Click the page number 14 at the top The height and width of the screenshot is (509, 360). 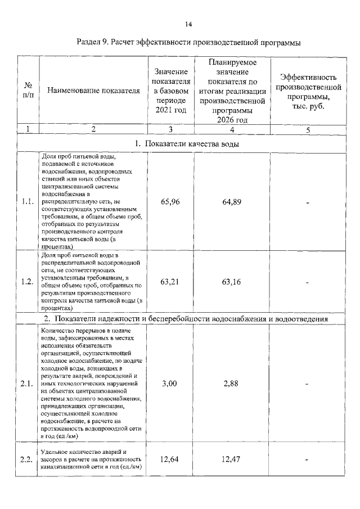[188, 24]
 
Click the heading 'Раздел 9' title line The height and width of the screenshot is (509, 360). [188, 42]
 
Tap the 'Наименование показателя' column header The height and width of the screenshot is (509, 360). [93, 90]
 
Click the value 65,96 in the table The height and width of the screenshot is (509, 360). [170, 202]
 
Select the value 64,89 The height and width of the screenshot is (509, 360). [232, 202]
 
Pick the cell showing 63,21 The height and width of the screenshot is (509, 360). [170, 282]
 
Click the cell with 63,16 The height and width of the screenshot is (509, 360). [232, 282]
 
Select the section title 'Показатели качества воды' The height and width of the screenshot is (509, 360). [188, 144]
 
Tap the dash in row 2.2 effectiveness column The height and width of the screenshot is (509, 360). [308, 460]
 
